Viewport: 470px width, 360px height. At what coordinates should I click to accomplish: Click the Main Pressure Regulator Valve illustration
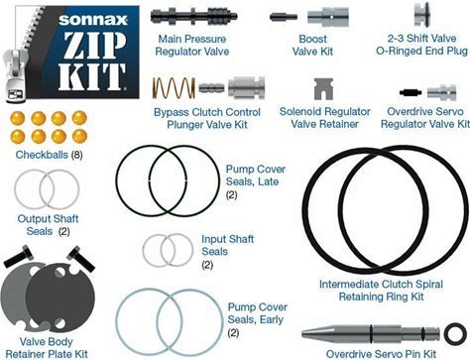193,16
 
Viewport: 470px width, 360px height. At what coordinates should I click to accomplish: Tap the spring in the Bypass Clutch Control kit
174,88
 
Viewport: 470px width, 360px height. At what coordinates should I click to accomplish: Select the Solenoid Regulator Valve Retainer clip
323,89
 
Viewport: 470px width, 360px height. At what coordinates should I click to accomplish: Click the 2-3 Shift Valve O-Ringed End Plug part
421,16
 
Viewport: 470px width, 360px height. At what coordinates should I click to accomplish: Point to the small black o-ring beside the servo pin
455,333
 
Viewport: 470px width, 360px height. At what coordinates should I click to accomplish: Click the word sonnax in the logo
93,20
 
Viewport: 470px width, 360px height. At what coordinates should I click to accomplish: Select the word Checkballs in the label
42,155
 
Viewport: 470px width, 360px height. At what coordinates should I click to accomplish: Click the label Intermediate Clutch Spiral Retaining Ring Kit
381,291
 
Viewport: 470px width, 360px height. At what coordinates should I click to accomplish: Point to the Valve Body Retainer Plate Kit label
47,348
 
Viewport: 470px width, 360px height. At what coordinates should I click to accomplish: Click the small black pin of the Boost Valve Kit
284,16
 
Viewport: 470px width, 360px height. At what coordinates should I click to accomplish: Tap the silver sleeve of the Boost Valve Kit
328,17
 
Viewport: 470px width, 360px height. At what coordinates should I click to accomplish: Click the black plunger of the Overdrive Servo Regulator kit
411,92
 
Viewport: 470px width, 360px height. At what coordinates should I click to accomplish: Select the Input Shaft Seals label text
228,245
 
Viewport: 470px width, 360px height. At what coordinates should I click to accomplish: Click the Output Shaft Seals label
48,225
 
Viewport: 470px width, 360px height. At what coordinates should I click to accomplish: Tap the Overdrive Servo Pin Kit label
381,354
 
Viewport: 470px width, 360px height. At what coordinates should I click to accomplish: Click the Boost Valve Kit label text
312,45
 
